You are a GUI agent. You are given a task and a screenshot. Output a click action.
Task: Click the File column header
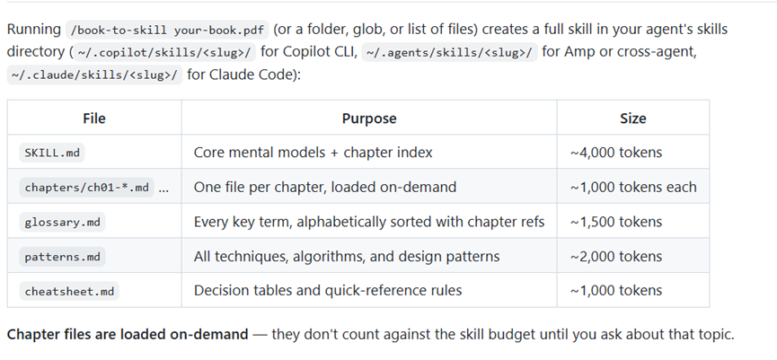94,119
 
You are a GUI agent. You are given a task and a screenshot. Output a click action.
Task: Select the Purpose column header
369,119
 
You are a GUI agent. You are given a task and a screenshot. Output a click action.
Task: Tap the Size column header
632,119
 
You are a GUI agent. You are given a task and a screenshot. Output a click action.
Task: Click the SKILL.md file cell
52,153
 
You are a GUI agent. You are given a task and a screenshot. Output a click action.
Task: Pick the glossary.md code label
63,222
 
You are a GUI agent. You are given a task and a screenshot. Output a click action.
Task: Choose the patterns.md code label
63,257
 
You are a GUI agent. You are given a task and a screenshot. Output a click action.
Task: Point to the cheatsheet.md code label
69,291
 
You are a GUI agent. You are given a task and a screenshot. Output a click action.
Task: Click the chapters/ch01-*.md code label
87,187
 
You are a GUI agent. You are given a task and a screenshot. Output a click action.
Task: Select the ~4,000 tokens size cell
616,153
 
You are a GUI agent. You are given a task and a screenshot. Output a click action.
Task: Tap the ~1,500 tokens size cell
616,222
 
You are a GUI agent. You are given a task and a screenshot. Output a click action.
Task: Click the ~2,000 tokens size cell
616,257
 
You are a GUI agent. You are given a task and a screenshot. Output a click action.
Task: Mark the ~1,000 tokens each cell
633,187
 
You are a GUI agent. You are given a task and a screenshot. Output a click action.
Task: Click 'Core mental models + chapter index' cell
313,153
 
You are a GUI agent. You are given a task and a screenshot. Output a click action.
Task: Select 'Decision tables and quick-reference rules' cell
328,291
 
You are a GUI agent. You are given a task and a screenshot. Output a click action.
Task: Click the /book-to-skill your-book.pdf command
167,30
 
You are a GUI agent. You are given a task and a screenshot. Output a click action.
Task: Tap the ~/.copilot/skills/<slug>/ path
164,52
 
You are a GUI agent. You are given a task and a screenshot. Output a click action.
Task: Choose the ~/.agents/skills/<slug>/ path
449,52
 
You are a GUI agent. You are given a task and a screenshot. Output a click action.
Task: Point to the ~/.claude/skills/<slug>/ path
94,75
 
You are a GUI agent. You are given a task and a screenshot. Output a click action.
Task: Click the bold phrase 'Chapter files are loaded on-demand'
128,335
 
